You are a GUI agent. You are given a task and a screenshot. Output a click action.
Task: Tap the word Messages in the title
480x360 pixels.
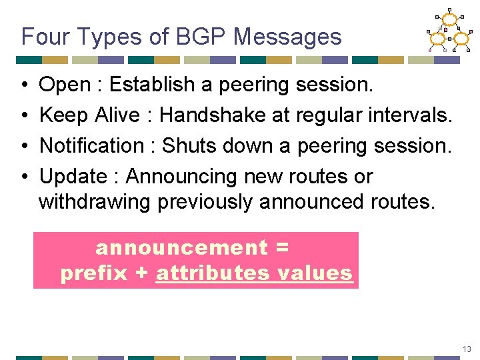pos(287,37)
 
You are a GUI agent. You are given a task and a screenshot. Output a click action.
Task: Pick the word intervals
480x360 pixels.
pos(411,115)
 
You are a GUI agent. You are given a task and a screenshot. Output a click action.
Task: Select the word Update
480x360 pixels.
pos(73,177)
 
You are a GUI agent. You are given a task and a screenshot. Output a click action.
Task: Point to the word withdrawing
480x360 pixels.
pos(95,202)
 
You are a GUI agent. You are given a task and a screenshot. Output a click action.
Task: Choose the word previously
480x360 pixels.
pos(205,202)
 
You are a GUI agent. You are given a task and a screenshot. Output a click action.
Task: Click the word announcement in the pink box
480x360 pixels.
pos(181,248)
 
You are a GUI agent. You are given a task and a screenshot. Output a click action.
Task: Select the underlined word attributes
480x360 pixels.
pos(213,273)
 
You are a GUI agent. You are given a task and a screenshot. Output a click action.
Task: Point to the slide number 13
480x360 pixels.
pos(466,349)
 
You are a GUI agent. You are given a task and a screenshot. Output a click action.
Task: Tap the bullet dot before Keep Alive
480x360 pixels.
pos(23,116)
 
